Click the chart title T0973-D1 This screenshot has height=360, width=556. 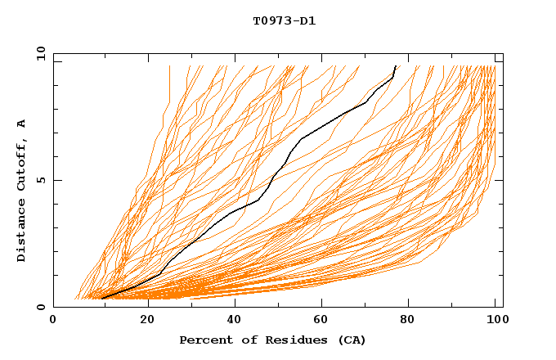(x=284, y=20)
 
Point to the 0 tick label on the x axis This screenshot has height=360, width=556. (x=53, y=320)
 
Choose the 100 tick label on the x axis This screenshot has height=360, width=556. (x=495, y=320)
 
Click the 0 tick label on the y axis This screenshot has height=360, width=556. (x=41, y=308)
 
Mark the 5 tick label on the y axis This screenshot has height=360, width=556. (x=41, y=180)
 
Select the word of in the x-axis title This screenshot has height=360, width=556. (x=242, y=340)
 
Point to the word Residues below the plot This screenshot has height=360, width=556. (x=289, y=340)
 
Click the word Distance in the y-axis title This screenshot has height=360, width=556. (x=22, y=230)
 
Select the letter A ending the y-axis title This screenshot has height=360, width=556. (x=22, y=124)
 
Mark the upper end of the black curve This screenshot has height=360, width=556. (x=396, y=66)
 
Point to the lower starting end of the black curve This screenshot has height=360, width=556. (x=101, y=299)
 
